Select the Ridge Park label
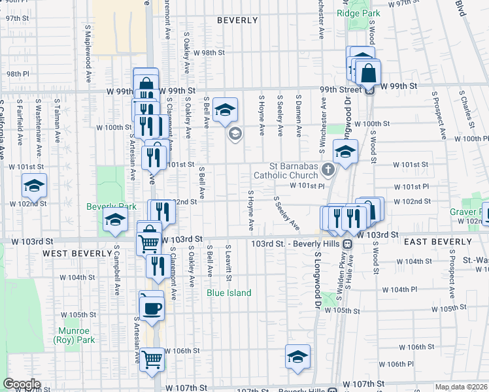pos(358,13)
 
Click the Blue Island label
pos(229,293)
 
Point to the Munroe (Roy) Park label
pos(76,335)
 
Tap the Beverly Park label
pos(112,206)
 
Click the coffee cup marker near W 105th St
pos(152,308)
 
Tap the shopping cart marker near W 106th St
pos(152,358)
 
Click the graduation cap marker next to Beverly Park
pos(115,221)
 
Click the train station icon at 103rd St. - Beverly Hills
pos(348,244)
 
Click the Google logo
pos(21,384)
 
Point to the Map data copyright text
pos(462,387)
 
